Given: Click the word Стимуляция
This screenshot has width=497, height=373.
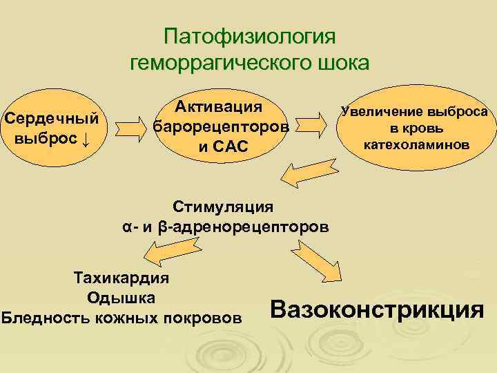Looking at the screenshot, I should coord(224,206).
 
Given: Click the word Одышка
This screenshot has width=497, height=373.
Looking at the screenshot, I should coord(121,298).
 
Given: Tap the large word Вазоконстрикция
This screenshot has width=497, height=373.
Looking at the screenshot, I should coord(377,309).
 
